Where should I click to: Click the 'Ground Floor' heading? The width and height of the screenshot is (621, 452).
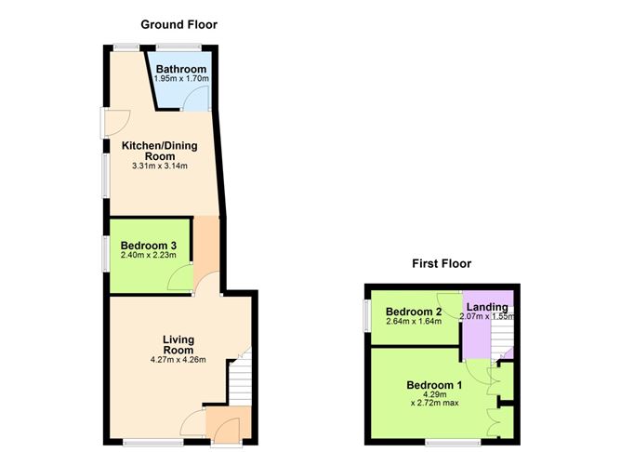click(x=178, y=24)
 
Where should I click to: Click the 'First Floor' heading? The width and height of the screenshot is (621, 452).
click(x=442, y=264)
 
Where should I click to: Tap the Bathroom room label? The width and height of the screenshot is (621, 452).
click(x=180, y=70)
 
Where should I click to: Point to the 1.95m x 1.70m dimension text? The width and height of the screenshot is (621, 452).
click(x=181, y=80)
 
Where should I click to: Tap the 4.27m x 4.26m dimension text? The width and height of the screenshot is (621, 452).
click(x=177, y=361)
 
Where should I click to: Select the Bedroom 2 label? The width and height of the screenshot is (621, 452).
click(x=412, y=312)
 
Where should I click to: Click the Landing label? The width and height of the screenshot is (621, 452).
click(x=487, y=307)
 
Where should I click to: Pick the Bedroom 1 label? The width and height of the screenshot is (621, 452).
click(x=434, y=385)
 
